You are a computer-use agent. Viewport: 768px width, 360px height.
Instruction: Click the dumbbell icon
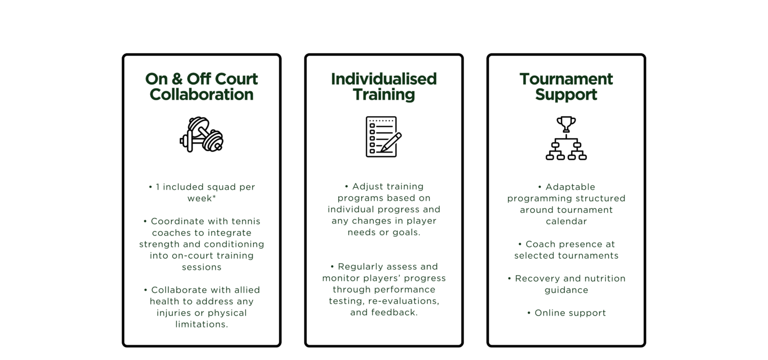coord(202,134)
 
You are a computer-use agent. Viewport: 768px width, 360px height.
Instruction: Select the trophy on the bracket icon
coord(566,124)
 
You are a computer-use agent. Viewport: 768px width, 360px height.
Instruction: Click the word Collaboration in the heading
coord(202,94)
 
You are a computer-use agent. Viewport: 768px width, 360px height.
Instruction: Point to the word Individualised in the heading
coord(383,79)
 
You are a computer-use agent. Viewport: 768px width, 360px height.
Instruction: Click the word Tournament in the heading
coord(566,79)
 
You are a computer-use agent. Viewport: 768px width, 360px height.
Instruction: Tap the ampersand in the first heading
coord(177,79)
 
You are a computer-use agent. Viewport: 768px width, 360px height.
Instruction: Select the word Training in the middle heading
coord(383,94)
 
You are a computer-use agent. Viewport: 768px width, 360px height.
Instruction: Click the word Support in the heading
coord(566,94)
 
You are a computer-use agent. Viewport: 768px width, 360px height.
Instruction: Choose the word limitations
coord(202,324)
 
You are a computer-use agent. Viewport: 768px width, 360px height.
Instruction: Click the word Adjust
coord(366,187)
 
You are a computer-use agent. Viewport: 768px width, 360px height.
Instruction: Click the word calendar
coord(566,221)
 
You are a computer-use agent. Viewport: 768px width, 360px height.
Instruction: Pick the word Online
coord(550,313)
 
